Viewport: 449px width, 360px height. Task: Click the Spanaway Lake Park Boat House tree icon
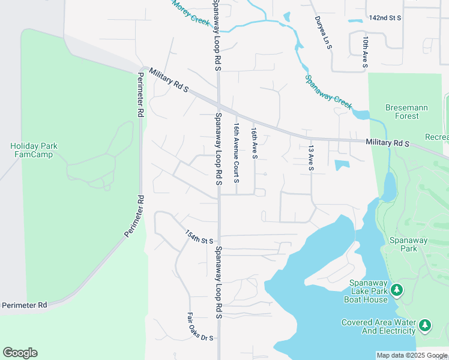pos(396,291)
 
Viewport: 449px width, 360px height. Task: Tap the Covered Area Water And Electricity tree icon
pos(425,326)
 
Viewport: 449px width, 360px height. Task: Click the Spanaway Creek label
pos(328,91)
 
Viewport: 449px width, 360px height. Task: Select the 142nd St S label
pos(385,19)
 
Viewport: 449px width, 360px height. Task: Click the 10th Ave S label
pos(365,50)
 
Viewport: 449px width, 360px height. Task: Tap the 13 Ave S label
pos(311,157)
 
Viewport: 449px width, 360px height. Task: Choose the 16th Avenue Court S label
pos(237,154)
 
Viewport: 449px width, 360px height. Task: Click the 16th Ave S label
pos(255,143)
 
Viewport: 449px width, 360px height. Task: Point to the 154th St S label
pos(199,237)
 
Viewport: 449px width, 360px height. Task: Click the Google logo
pos(20,353)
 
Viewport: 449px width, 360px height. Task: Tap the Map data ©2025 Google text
pos(411,355)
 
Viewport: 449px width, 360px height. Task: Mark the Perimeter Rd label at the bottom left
pos(24,305)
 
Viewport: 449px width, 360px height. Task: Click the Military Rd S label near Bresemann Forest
pos(387,143)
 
